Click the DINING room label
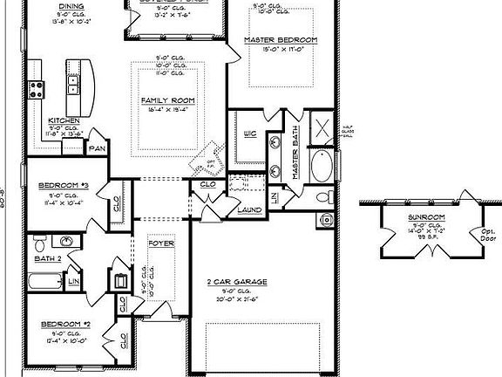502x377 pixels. tap(71, 5)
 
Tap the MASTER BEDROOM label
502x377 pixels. tap(280, 40)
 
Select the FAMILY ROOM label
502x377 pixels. tap(167, 100)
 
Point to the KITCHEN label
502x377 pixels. tap(64, 120)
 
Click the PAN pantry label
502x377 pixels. tap(96, 148)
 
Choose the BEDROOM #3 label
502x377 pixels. tap(60, 185)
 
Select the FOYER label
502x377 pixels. tap(162, 244)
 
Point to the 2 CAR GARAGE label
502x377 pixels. tap(235, 282)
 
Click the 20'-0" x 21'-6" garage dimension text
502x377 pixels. tap(235, 299)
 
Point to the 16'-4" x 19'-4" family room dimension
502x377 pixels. tap(167, 111)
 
